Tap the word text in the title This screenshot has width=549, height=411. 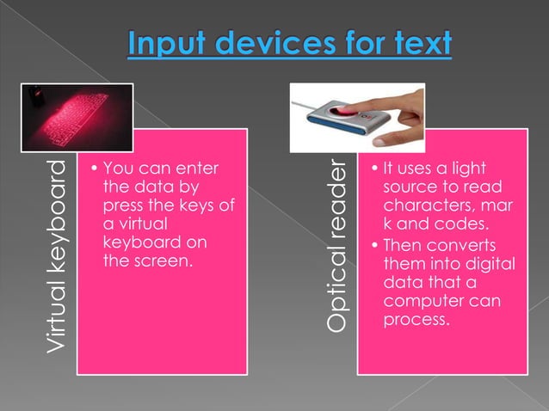point(421,43)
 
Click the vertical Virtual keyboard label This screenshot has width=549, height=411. point(57,255)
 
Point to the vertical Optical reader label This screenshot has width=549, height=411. point(337,245)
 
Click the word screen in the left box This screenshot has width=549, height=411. point(156,260)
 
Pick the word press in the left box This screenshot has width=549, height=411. point(124,206)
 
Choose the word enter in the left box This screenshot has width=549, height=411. point(197,169)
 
